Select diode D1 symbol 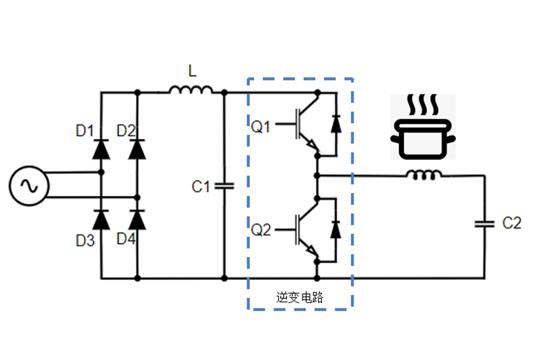101,149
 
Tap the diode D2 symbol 138,149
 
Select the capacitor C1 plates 224,186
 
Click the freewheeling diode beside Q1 335,123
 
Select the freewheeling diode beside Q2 335,230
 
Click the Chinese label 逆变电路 299,297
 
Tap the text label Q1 260,127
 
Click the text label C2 511,223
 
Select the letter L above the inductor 191,71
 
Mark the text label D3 85,240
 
